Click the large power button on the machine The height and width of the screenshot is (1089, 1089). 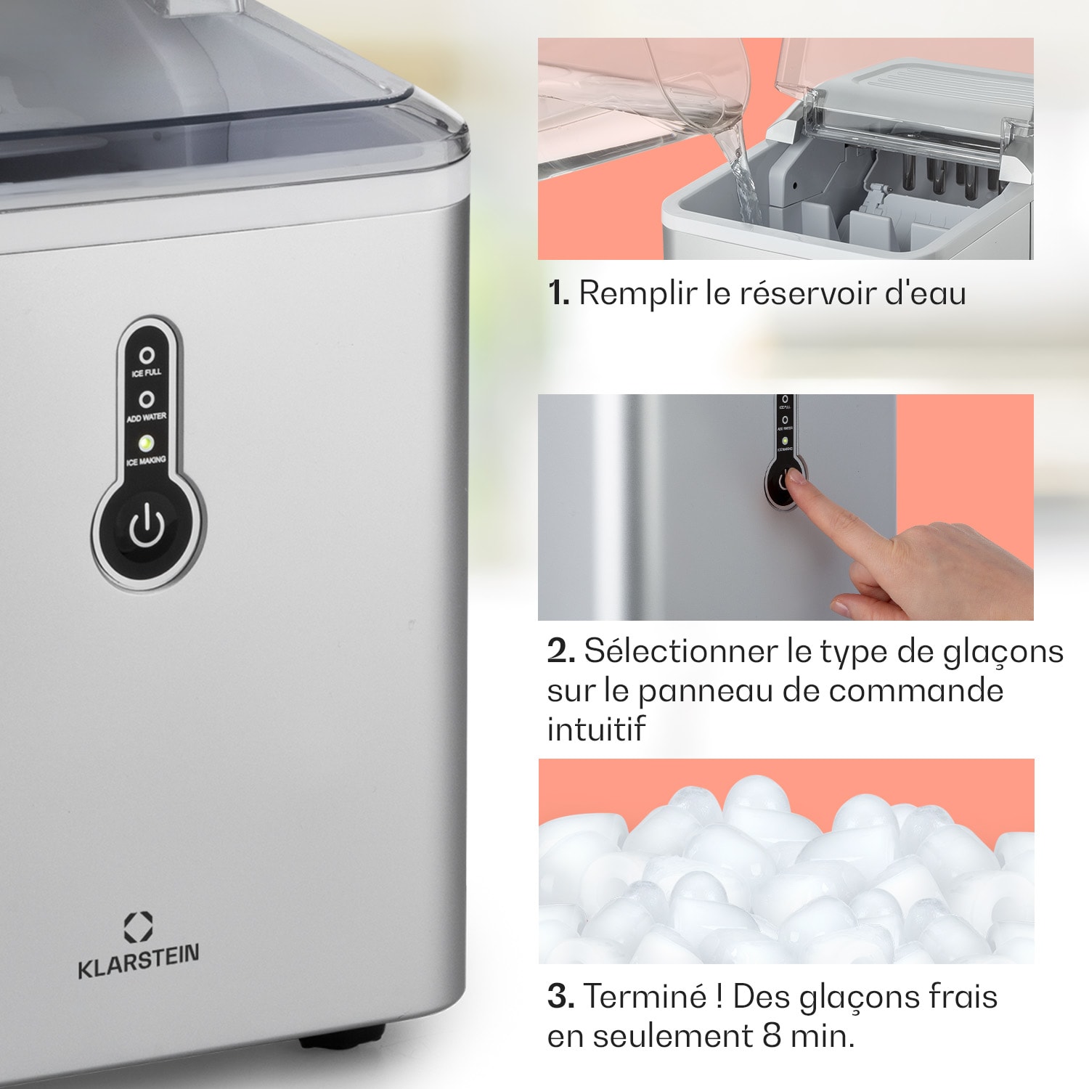click(x=147, y=526)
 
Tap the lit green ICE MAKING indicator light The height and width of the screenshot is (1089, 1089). click(x=146, y=442)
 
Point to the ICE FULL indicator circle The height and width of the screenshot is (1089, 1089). click(x=147, y=355)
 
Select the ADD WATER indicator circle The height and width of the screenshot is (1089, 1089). click(x=147, y=399)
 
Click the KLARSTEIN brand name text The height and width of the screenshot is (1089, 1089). click(x=138, y=962)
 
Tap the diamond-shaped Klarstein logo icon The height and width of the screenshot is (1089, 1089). click(x=138, y=927)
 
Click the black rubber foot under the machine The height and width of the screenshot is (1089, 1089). click(x=341, y=1037)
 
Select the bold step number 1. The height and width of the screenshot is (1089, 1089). click(x=558, y=293)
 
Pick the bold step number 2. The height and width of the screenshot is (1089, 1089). click(x=560, y=651)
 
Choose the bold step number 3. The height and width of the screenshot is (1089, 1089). click(x=560, y=997)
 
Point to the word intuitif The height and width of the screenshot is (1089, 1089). click(x=595, y=729)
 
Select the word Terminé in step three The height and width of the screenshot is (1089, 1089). click(x=645, y=997)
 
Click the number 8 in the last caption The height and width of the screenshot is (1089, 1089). click(x=772, y=1036)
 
